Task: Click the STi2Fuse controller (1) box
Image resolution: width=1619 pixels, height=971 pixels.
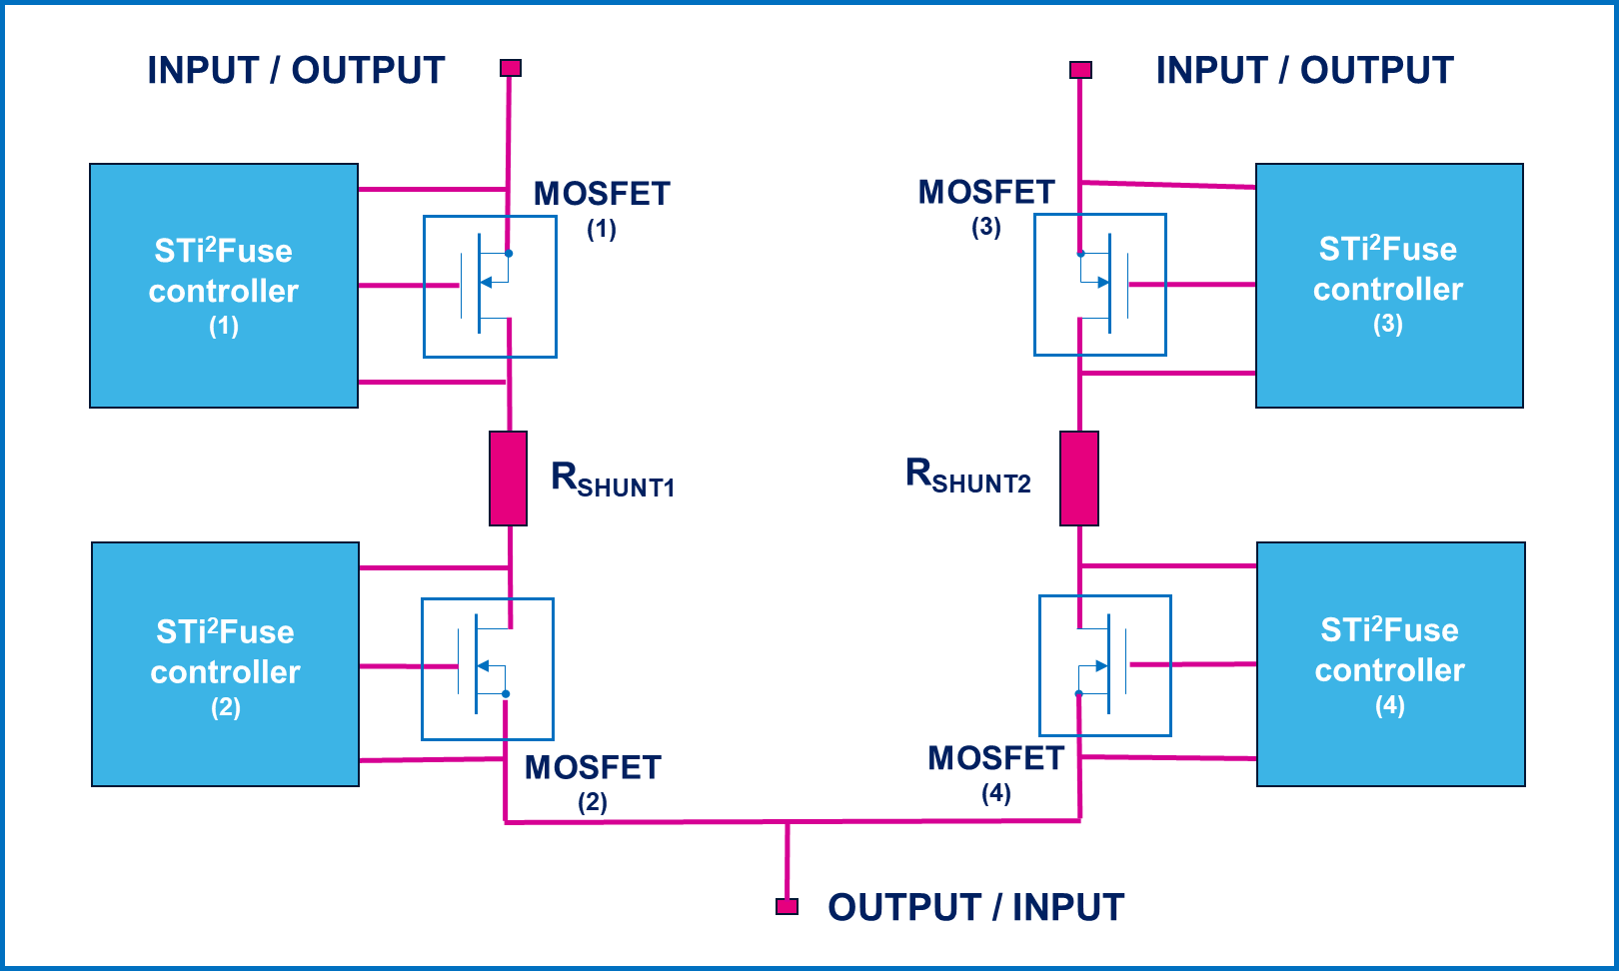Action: coord(224,286)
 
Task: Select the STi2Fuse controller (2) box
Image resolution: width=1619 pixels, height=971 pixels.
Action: coord(226,664)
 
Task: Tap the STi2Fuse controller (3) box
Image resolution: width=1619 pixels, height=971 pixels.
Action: coord(1389,286)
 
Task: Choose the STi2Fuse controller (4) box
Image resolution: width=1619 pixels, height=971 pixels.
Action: coord(1391,664)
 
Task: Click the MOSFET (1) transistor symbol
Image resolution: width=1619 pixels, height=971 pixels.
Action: coord(490,287)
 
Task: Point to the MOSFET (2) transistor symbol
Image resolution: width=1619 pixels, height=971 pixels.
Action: coord(488,669)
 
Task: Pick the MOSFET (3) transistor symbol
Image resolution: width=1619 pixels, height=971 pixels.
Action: coord(1100,285)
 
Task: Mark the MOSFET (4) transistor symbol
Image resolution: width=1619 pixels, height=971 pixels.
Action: coord(1105,666)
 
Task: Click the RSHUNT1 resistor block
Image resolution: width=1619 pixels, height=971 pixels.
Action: coord(509,479)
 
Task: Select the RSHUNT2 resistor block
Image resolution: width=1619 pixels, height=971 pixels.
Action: coord(1079,479)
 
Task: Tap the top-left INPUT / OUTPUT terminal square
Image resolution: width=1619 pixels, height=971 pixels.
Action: coord(511,68)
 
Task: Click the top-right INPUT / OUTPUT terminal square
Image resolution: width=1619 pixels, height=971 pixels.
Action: coord(1080,70)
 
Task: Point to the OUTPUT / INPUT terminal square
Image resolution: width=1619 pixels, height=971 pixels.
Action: coord(788,906)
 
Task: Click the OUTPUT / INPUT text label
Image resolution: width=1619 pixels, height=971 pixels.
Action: coord(976,907)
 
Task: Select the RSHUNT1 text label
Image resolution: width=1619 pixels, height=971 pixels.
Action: coord(613,481)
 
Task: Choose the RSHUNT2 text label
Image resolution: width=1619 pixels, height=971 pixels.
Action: coord(967,477)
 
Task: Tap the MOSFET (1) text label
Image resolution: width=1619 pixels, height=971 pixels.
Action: coord(602,207)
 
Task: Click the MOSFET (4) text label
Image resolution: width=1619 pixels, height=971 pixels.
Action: coord(996,771)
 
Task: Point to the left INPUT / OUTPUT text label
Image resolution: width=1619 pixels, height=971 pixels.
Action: coord(296,71)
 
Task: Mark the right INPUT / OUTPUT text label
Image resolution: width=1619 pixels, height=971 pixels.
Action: coord(1304,71)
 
